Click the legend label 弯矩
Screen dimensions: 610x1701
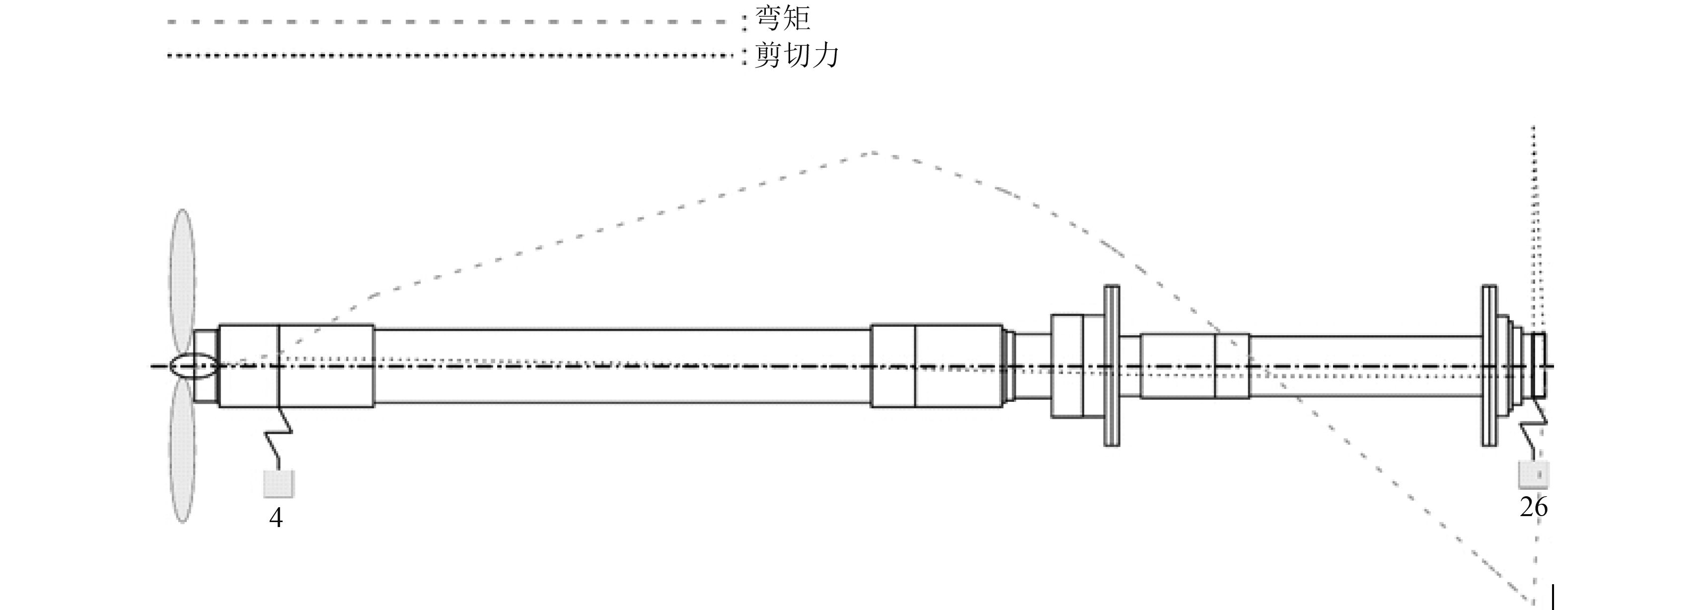click(783, 18)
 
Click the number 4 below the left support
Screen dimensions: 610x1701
click(276, 518)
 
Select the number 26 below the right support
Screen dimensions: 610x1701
click(1533, 507)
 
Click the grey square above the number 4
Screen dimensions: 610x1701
click(279, 483)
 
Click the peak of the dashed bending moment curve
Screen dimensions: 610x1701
click(873, 153)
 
